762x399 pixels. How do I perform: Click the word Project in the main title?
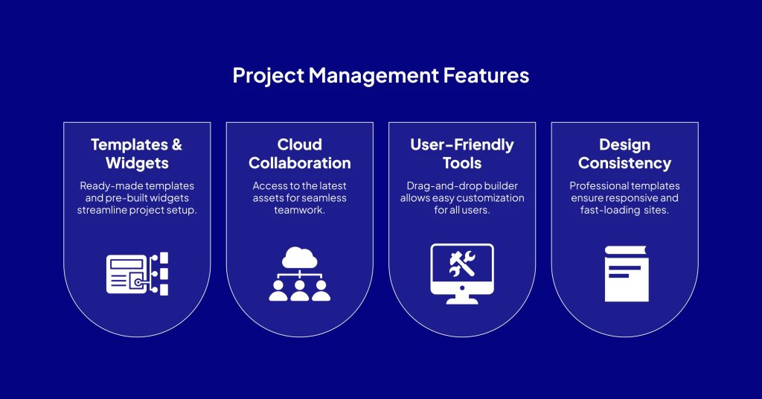click(x=268, y=76)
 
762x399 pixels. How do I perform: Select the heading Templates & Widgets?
click(x=137, y=153)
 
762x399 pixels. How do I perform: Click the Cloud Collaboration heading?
click(x=300, y=153)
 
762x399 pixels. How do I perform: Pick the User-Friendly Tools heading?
click(x=462, y=153)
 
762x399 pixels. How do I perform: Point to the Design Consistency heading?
click(x=624, y=153)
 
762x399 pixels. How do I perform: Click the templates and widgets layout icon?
click(x=137, y=274)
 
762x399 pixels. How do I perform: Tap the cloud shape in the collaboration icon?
click(x=300, y=257)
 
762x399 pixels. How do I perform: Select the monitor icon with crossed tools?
click(x=462, y=274)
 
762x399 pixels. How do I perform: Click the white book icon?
click(x=627, y=274)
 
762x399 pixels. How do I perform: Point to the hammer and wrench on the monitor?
click(x=461, y=264)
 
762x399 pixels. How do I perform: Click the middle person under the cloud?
click(x=300, y=290)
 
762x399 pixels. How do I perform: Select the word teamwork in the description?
click(x=298, y=210)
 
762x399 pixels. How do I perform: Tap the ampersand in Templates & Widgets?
click(x=177, y=145)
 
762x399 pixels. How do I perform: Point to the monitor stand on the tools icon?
click(x=462, y=299)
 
